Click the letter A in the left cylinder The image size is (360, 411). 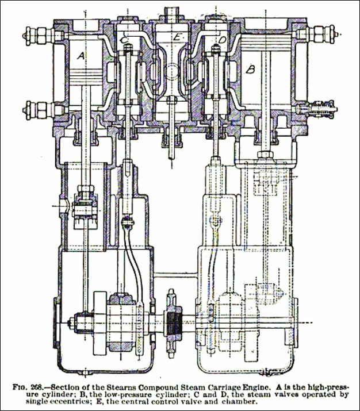[x=80, y=56]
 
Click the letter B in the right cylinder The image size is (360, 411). [x=250, y=70]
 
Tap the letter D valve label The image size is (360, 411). [x=223, y=40]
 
